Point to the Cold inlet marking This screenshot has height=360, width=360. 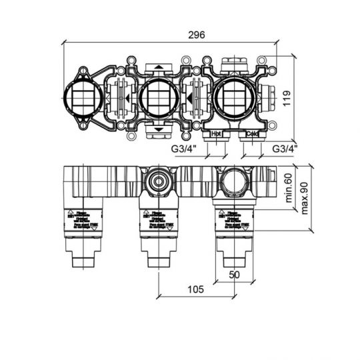(x=251, y=134)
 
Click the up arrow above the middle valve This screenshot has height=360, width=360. (x=159, y=67)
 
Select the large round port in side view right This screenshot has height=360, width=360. (x=234, y=180)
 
